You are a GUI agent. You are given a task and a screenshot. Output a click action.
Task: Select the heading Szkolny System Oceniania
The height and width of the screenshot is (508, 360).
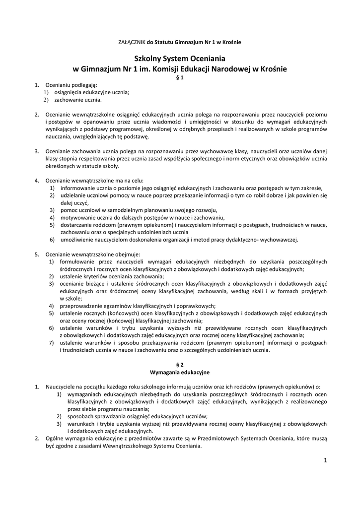click(x=180, y=58)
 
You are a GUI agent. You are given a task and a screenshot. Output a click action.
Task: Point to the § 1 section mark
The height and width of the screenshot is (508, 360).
click(x=180, y=78)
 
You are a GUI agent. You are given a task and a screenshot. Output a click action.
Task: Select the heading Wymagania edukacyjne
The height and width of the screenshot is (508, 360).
click(x=180, y=372)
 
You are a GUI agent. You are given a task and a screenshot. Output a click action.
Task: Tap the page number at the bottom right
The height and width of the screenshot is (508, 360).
click(x=325, y=461)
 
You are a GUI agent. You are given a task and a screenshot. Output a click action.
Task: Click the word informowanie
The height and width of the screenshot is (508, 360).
click(x=79, y=188)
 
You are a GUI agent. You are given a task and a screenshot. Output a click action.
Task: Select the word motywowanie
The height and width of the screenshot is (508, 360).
click(x=79, y=217)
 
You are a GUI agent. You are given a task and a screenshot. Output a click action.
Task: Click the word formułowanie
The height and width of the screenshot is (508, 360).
click(x=80, y=261)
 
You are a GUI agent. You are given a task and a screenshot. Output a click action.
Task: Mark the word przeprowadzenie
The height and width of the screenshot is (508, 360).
click(x=84, y=306)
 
